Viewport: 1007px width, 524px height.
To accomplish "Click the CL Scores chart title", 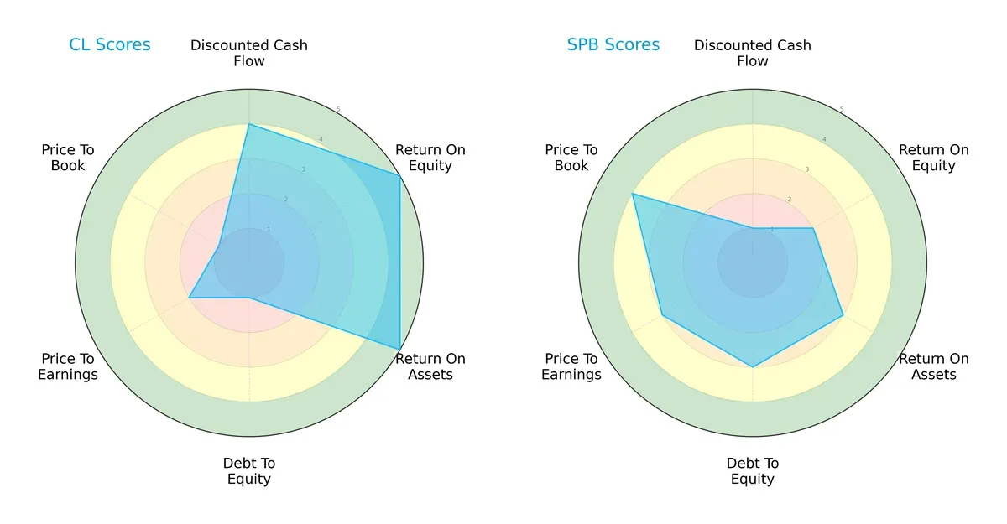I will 109,44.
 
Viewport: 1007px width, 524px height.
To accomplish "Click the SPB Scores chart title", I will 613,44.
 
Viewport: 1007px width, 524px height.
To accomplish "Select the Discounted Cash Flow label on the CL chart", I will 249,53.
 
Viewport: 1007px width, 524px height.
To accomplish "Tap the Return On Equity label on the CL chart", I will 430,158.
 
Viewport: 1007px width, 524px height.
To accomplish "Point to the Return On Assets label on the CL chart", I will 430,366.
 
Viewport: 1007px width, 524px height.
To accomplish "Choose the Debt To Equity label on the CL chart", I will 249,471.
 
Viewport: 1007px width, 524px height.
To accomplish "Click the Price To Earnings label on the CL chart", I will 68,366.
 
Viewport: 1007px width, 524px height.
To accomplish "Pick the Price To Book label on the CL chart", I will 68,158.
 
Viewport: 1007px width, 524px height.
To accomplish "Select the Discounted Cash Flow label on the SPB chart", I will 753,53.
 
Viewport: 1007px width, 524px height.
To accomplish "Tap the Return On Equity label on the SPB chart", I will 934,158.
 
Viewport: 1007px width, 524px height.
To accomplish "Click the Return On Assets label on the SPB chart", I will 934,366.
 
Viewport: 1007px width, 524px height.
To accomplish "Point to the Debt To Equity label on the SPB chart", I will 753,471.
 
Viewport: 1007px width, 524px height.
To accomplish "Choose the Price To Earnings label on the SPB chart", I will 571,366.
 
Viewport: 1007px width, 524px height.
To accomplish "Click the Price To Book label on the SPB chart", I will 571,158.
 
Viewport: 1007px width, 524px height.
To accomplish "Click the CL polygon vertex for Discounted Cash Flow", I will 249,124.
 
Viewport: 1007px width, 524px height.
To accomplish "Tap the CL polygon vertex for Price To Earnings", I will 189,298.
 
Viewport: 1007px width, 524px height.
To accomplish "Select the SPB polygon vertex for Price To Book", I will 633,194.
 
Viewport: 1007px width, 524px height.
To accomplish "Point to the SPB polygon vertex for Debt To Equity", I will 753,366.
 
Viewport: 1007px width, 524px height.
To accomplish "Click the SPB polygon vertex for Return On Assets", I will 843,315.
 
